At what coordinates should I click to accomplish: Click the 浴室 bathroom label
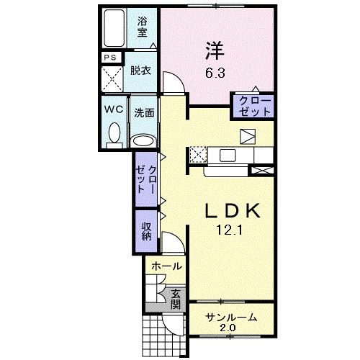pos(143,27)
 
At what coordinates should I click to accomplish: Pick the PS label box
pos(111,58)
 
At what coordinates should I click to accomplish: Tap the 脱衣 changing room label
pos(140,71)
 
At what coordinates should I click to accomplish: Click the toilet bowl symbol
pos(113,135)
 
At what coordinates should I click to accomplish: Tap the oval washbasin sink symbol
pos(144,140)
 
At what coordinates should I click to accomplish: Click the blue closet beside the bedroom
pos(252,105)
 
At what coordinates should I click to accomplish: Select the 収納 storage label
pos(146,231)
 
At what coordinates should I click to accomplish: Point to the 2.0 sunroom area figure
pos(228,328)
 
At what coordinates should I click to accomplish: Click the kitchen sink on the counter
pos(228,154)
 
